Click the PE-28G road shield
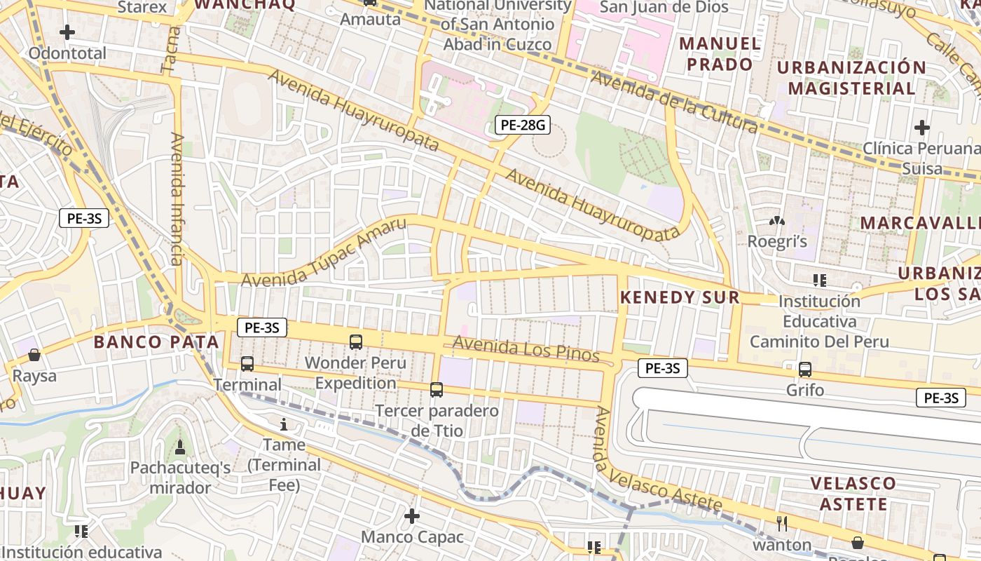[522, 126]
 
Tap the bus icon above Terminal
[247, 364]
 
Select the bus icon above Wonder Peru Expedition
[356, 342]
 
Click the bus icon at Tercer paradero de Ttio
[437, 389]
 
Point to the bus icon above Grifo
[805, 369]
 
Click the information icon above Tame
[284, 424]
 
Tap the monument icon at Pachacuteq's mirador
[180, 447]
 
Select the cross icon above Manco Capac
[412, 517]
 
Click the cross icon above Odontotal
[67, 32]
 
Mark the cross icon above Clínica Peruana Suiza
[922, 128]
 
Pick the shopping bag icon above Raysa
[34, 355]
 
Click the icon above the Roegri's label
[777, 221]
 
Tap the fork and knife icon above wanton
[782, 523]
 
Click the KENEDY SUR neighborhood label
[680, 297]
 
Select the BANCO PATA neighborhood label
[156, 342]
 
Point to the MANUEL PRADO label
[720, 54]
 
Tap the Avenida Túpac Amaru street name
[323, 253]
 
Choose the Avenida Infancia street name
[176, 199]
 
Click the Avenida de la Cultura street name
[673, 102]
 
